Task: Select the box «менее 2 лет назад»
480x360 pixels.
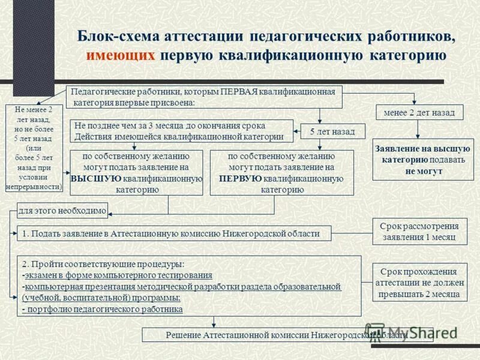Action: pos(415,112)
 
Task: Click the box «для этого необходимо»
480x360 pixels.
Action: pos(62,210)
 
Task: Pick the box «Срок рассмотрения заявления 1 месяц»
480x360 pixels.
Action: pos(419,232)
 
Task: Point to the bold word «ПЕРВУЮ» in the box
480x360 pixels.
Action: pos(240,179)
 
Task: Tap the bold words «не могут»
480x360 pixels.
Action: pos(423,170)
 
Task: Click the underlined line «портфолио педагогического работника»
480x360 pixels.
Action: pos(103,309)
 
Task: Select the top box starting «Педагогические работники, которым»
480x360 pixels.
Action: pos(204,97)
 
